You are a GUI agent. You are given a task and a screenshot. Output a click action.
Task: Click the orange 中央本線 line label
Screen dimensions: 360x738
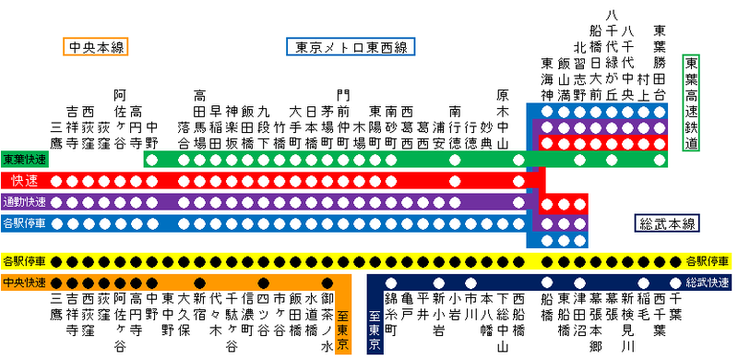pyautogui.click(x=96, y=47)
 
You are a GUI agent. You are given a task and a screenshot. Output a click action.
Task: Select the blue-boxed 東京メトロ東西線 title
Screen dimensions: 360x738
pyautogui.click(x=351, y=47)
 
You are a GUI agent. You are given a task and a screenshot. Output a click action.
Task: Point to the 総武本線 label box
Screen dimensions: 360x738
pyautogui.click(x=668, y=222)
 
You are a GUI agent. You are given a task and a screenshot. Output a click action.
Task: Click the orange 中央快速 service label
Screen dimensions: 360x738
pyautogui.click(x=26, y=282)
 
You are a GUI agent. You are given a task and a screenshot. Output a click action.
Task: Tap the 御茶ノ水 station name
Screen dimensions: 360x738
pyautogui.click(x=327, y=318)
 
